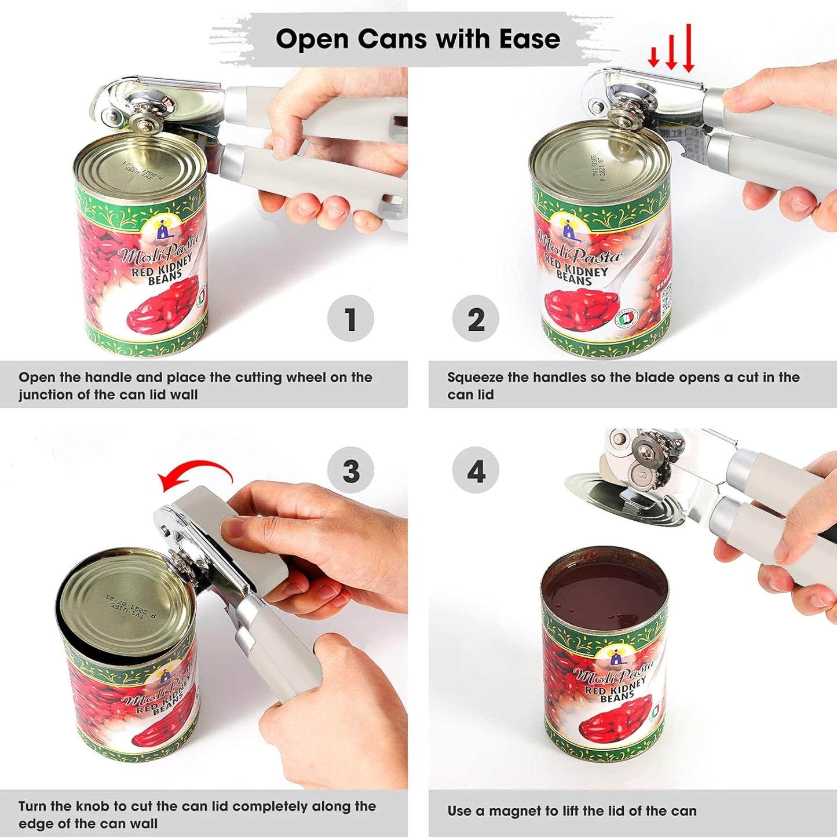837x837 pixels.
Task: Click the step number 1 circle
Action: (350, 319)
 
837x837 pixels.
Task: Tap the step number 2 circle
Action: (476, 319)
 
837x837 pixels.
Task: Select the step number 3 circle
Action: (350, 470)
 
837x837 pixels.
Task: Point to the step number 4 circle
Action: (476, 470)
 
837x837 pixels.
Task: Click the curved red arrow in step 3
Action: (197, 470)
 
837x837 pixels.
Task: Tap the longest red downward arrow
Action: (688, 49)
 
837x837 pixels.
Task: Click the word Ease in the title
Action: (529, 39)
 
